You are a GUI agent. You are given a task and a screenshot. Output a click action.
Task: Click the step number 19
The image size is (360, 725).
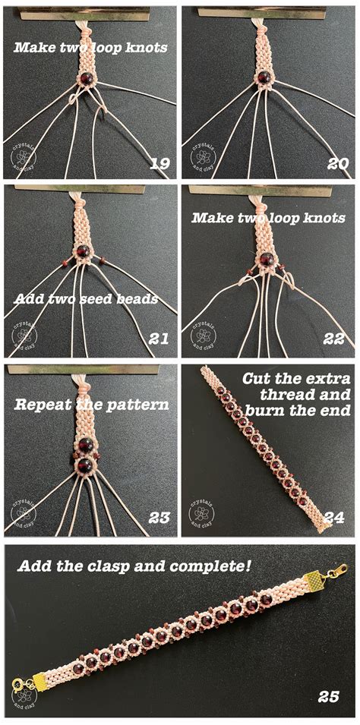click(158, 162)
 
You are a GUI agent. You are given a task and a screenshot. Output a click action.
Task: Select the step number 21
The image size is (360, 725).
click(158, 338)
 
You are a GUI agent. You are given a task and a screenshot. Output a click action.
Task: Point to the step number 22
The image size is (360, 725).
click(333, 338)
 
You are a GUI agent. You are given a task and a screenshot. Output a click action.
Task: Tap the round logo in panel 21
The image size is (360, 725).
click(24, 336)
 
